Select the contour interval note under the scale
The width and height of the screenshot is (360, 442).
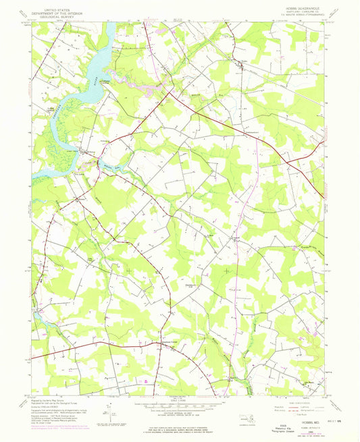pos(180,413)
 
